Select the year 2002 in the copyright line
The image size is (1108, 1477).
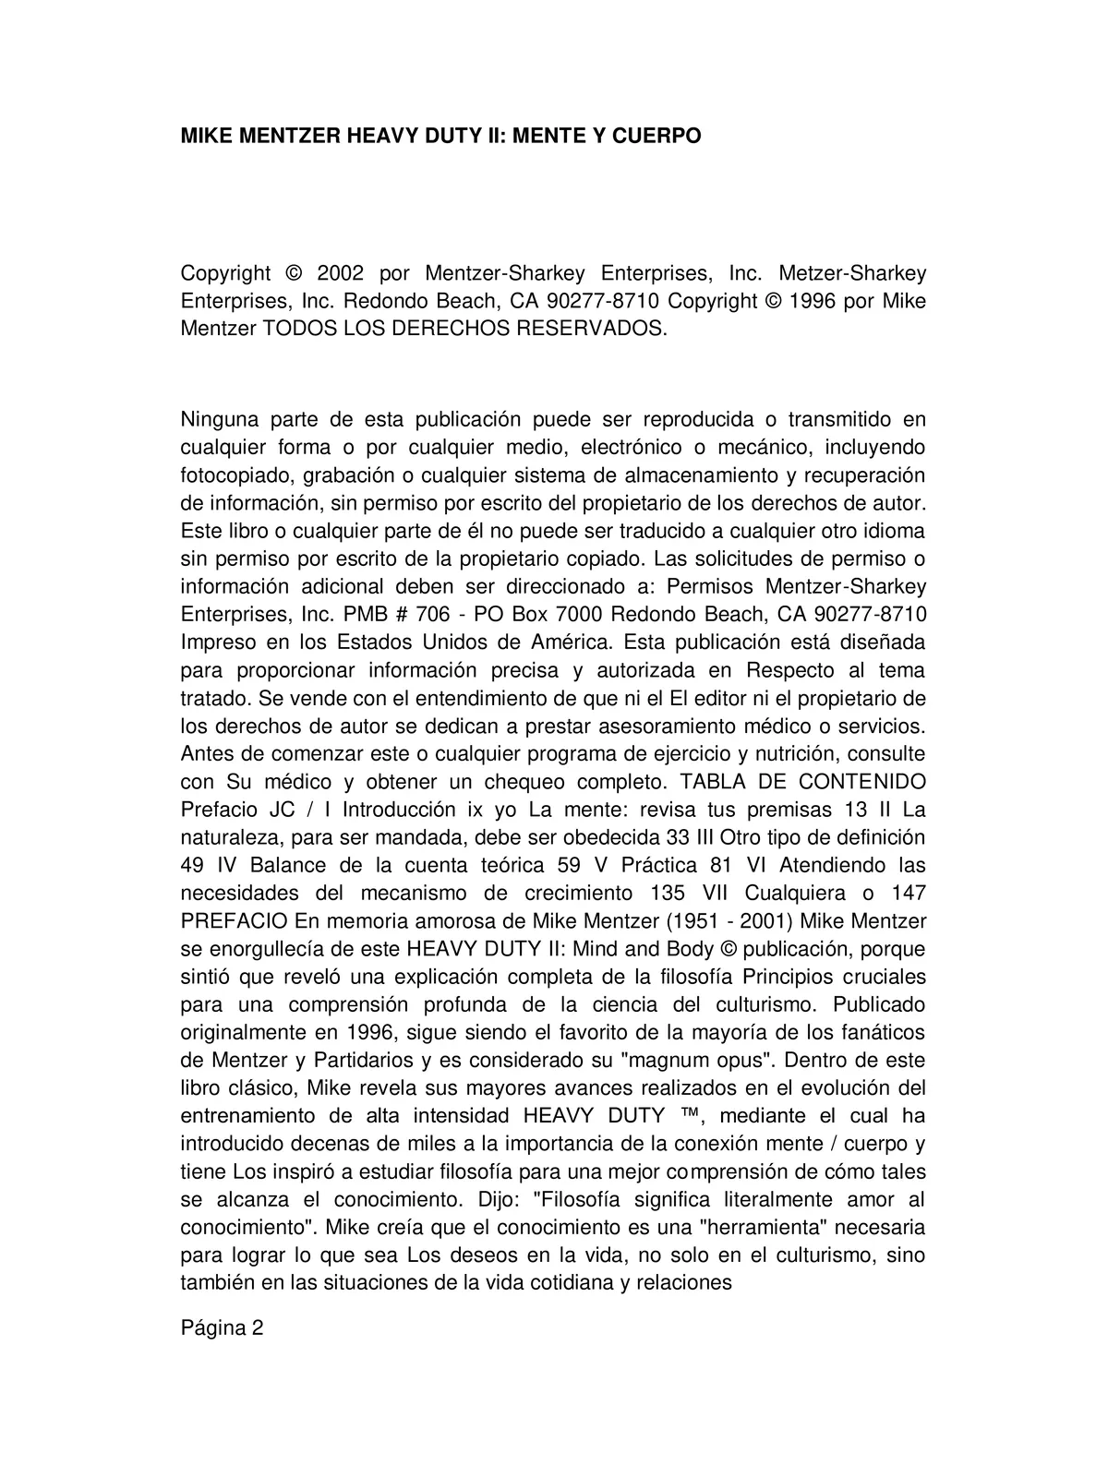(x=342, y=273)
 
